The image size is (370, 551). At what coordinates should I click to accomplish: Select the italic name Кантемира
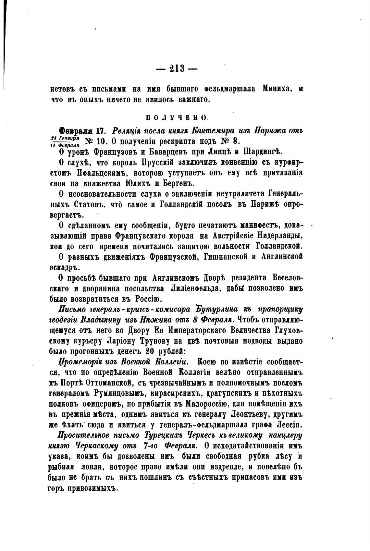(x=222, y=131)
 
